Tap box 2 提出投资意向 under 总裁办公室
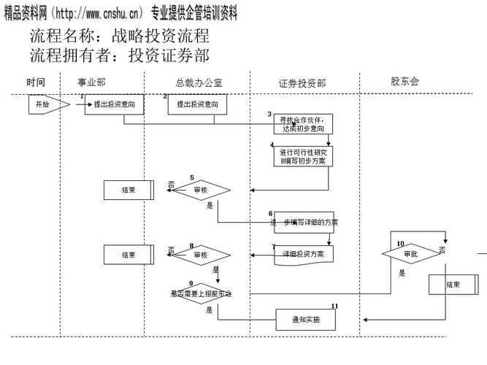[x=196, y=105]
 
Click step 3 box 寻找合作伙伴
[x=297, y=123]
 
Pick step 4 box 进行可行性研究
[x=298, y=155]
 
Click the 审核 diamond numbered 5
[x=202, y=190]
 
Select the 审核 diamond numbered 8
[x=202, y=255]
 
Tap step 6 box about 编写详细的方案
[x=304, y=221]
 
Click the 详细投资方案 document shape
[x=304, y=254]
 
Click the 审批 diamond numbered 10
[x=410, y=254]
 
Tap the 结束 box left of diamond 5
[x=129, y=190]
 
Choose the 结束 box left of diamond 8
[x=129, y=255]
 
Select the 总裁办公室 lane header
[x=199, y=82]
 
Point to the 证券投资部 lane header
[x=302, y=83]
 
